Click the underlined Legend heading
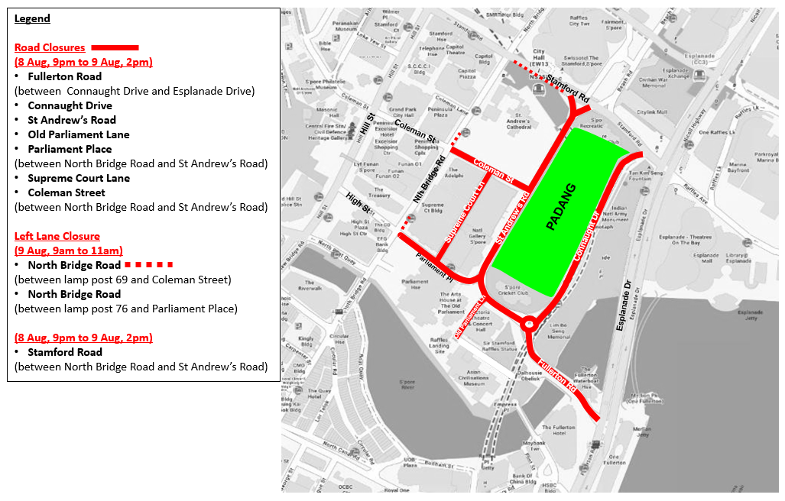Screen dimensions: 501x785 click(32, 18)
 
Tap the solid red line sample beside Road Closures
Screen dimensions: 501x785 click(115, 47)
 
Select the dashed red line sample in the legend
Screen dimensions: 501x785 click(149, 265)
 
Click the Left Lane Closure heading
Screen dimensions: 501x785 click(57, 236)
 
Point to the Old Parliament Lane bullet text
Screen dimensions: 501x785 click(79, 134)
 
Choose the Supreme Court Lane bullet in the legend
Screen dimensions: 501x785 click(79, 178)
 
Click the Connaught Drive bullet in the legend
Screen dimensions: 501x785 click(70, 105)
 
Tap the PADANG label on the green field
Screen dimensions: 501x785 click(562, 207)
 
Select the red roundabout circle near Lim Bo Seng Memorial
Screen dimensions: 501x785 click(529, 325)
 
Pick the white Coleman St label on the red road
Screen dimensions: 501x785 click(494, 173)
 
